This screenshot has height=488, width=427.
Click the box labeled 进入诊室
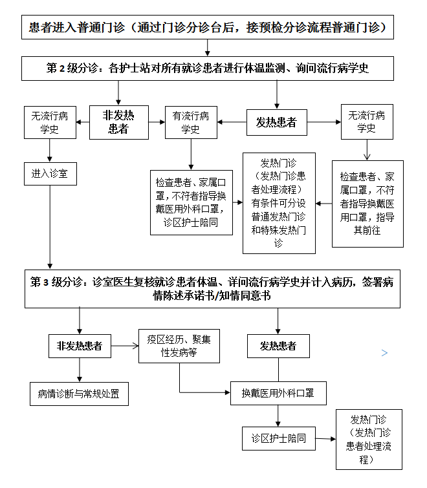pos(50,174)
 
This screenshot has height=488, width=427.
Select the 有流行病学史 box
pos(191,122)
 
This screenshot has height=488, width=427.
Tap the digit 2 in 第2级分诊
pos(62,68)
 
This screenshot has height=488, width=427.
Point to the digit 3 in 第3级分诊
pos(46,282)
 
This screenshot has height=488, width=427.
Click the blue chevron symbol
pos(385,353)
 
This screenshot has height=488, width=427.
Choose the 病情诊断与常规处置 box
pos(79,394)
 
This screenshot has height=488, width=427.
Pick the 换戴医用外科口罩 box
pos(278,394)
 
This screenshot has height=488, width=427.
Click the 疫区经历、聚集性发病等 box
pos(179,346)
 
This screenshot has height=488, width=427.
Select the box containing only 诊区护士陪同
pos(278,438)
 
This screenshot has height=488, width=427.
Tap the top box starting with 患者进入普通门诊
pos(208,27)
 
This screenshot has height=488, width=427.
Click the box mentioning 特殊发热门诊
pos(279,203)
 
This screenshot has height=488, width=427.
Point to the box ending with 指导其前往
pos(367,204)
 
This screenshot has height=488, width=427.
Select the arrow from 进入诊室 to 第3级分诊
pos(50,227)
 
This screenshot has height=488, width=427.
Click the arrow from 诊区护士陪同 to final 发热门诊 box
pos(325,439)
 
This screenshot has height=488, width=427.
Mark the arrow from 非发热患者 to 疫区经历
pos(125,346)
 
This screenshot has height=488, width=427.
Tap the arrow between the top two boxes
pos(208,48)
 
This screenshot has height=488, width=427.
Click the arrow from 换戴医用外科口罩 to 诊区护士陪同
pos(278,416)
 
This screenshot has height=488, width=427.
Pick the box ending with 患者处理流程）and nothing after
pos(369,440)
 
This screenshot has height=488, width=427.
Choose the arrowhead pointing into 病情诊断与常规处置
pos(80,379)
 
